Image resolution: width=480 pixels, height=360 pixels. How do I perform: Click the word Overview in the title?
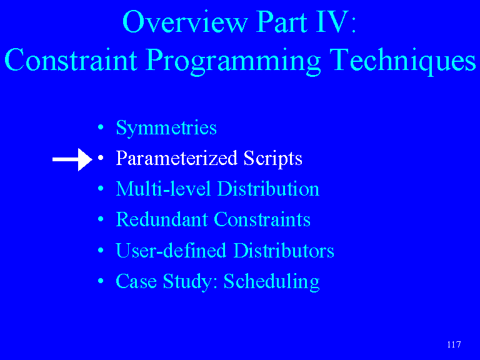(x=185, y=22)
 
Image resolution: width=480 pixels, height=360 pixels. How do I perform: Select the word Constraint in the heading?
(x=71, y=59)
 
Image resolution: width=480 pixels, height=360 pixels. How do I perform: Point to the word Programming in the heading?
(x=233, y=61)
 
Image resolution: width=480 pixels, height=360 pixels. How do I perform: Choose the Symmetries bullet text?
(x=166, y=128)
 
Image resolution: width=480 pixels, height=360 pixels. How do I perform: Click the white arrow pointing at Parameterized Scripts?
(x=72, y=159)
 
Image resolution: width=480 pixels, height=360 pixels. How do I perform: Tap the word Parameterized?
(x=177, y=158)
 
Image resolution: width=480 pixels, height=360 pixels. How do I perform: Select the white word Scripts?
(x=272, y=159)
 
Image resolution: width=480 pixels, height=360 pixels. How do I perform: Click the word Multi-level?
(x=163, y=189)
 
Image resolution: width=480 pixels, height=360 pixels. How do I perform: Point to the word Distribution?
(x=268, y=189)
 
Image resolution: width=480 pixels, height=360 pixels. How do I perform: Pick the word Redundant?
(x=162, y=219)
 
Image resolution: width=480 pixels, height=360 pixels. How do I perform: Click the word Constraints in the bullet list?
(x=262, y=219)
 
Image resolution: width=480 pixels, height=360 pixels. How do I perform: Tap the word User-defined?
(x=171, y=251)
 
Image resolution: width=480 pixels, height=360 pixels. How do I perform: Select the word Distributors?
(x=284, y=251)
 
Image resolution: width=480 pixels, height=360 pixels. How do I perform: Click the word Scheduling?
(x=271, y=282)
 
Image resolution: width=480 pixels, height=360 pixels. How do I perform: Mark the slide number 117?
(x=454, y=345)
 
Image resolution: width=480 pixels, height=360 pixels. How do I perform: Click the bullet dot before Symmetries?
(x=101, y=127)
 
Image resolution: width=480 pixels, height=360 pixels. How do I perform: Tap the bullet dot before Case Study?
(x=101, y=281)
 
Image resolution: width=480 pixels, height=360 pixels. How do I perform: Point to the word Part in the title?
(x=281, y=22)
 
